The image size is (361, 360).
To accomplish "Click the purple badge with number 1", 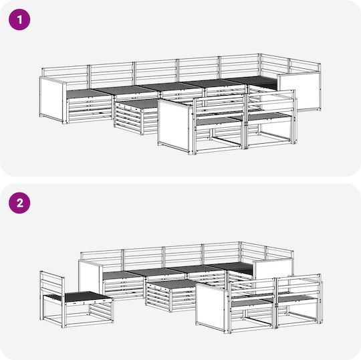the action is (19, 19).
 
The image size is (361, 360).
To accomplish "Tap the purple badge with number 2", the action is (19, 203).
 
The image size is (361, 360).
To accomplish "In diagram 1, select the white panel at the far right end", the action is (299, 91).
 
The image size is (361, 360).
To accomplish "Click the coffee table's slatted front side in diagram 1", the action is (128, 118).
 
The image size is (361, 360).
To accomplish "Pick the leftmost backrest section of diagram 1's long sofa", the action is (65, 74).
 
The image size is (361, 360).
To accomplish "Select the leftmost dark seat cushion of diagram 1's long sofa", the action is (89, 93).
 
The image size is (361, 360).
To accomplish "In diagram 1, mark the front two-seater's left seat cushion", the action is (219, 120).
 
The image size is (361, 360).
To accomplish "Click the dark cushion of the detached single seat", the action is (86, 296).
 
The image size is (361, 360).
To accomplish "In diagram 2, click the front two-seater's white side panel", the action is (210, 305).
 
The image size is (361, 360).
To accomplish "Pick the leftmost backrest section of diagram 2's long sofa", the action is (102, 258).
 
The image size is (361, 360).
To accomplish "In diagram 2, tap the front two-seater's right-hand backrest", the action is (299, 286).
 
